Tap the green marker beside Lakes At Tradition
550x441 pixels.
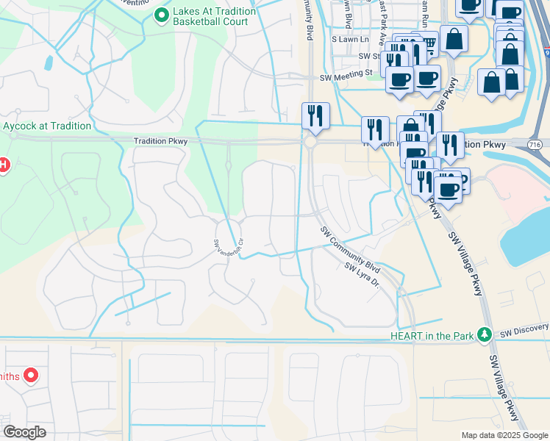pyautogui.click(x=161, y=14)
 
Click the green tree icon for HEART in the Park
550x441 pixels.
pyautogui.click(x=484, y=335)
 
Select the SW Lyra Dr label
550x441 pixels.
pyautogui.click(x=361, y=277)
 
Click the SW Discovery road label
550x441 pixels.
pyautogui.click(x=524, y=328)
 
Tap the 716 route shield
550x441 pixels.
pyautogui.click(x=535, y=145)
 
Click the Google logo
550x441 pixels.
pyautogui.click(x=24, y=431)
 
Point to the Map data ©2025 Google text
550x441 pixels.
pyautogui.click(x=504, y=435)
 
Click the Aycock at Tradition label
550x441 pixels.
pyautogui.click(x=46, y=126)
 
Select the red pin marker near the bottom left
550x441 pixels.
pyautogui.click(x=30, y=376)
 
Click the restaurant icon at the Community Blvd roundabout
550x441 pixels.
pyautogui.click(x=315, y=116)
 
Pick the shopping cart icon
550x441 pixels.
pyautogui.click(x=428, y=45)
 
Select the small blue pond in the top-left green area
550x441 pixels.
pyautogui.click(x=49, y=63)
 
